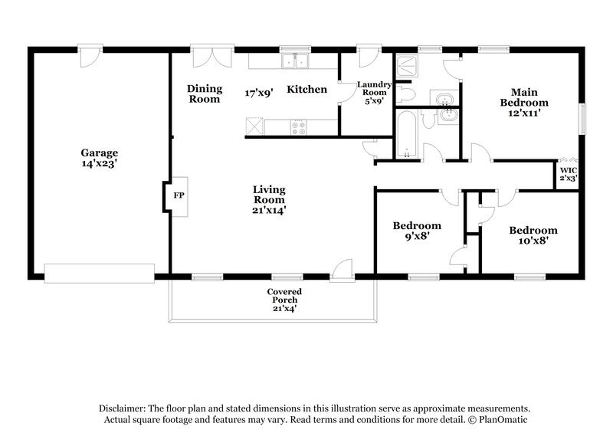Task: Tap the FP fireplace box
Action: pyautogui.click(x=178, y=195)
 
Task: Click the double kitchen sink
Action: pyautogui.click(x=294, y=62)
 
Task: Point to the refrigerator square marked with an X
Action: pyautogui.click(x=254, y=126)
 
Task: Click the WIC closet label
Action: pyautogui.click(x=568, y=170)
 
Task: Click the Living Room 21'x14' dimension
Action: pyautogui.click(x=270, y=208)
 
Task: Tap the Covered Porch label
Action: pyautogui.click(x=284, y=292)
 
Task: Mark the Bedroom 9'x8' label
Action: pyautogui.click(x=417, y=225)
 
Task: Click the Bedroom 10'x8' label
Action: pyautogui.click(x=533, y=230)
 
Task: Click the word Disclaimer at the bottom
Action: pyautogui.click(x=124, y=408)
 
